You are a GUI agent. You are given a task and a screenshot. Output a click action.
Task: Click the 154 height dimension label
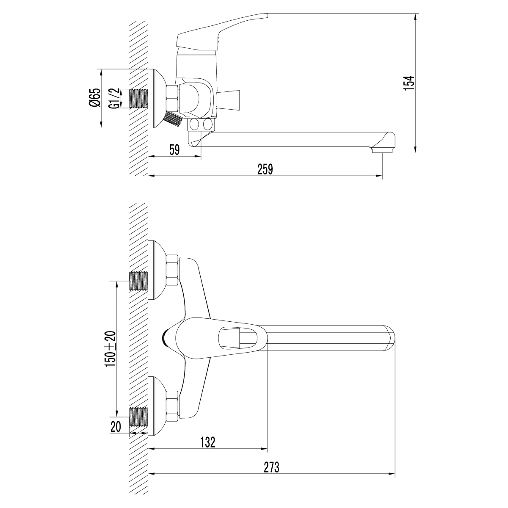[x=409, y=83]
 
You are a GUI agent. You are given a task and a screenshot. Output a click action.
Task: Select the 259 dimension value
[x=265, y=169]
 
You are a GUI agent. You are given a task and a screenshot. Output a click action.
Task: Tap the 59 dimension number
[x=174, y=150]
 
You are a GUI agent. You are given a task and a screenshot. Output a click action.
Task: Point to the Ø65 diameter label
[x=95, y=97]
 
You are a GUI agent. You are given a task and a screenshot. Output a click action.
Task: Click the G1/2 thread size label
[x=114, y=99]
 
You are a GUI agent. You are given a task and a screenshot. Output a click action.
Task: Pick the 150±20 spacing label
[x=110, y=348]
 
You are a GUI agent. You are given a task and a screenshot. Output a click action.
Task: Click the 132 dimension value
[x=208, y=442]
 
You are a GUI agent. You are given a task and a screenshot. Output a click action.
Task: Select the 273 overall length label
[x=271, y=467]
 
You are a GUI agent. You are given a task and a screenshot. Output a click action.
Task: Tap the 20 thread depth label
[x=116, y=427]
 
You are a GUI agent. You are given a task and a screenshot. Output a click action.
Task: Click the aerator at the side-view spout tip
[x=382, y=150]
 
